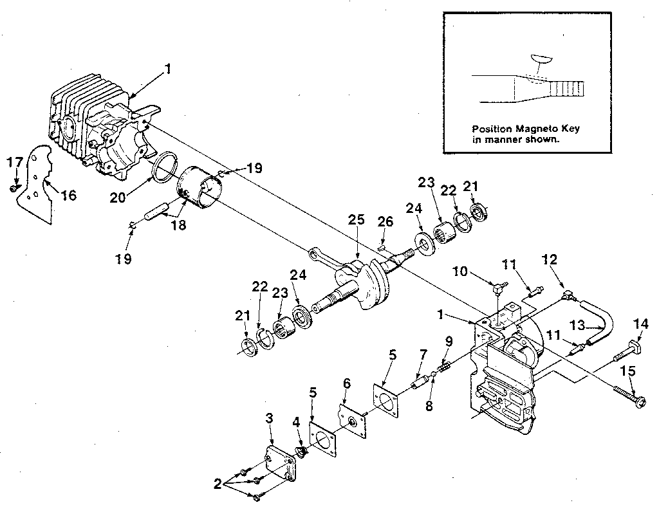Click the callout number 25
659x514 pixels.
click(x=357, y=221)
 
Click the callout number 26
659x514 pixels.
click(x=385, y=223)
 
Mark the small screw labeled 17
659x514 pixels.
click(x=14, y=188)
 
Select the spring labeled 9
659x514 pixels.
click(x=443, y=369)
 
